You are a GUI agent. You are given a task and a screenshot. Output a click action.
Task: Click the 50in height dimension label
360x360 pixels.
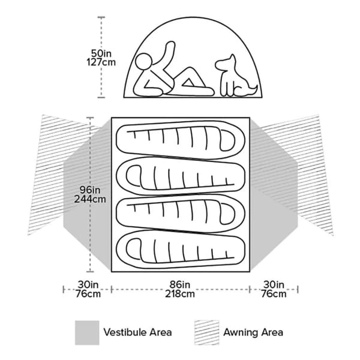101,53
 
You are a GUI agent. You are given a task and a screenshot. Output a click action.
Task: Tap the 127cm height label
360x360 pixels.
101,62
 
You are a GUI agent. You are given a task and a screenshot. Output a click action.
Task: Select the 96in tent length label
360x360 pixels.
90,190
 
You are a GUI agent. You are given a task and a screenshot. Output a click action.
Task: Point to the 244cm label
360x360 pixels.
90,199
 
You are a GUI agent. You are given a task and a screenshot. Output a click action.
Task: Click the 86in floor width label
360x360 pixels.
180,284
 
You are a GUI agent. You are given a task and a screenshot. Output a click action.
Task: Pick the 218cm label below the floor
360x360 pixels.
180,294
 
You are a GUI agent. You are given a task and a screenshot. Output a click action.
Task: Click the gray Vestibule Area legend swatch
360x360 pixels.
87,332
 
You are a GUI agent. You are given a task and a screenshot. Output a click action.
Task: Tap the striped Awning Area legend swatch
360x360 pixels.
206,332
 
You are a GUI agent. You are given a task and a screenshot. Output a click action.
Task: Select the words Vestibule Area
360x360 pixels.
137,332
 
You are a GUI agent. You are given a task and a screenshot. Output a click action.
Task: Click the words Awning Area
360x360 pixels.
253,332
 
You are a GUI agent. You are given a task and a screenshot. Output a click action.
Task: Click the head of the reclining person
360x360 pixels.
144,62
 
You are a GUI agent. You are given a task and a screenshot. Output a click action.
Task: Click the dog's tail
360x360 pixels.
253,90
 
